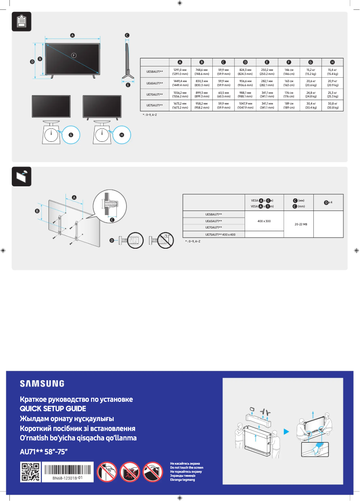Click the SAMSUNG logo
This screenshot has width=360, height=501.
[x=42, y=383]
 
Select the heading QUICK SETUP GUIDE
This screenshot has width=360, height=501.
[x=53, y=409]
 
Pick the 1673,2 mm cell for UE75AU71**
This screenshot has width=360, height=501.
[x=180, y=106]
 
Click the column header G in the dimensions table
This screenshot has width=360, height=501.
[x=310, y=62]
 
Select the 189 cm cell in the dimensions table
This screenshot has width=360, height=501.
[x=289, y=106]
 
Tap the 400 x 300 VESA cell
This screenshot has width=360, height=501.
[x=264, y=221]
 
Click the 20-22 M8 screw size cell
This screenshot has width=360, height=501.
[x=298, y=224]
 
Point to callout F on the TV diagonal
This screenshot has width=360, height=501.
[x=74, y=55]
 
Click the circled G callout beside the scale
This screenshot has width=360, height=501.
[x=70, y=135]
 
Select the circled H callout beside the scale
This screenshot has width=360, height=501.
[x=122, y=135]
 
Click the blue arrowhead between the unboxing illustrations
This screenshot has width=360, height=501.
[x=286, y=432]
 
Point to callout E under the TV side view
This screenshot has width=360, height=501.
[x=127, y=84]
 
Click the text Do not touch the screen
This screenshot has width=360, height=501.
[x=186, y=467]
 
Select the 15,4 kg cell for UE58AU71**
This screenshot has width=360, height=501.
[x=332, y=71]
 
